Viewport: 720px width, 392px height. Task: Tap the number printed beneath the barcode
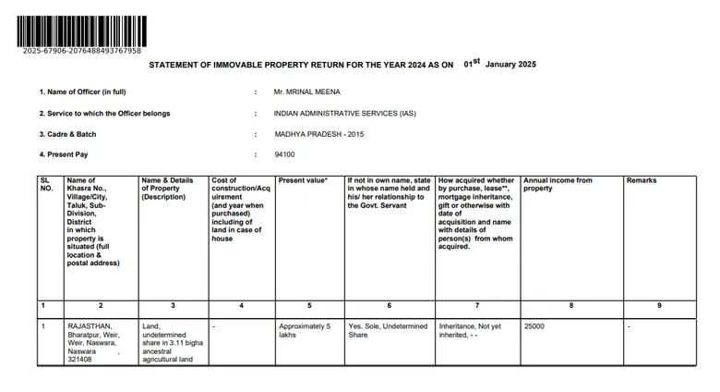click(82, 50)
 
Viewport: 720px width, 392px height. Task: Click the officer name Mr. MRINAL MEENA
click(307, 92)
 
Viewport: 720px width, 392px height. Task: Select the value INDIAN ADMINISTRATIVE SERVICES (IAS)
click(345, 114)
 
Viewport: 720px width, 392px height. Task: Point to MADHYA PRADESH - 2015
click(318, 134)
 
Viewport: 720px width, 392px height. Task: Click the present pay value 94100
click(284, 154)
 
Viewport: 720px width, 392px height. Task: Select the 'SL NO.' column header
click(46, 184)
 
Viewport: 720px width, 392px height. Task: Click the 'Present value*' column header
click(303, 180)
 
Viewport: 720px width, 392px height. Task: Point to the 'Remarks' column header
click(642, 180)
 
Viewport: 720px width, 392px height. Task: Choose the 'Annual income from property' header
click(558, 184)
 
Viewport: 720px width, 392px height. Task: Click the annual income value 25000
click(534, 326)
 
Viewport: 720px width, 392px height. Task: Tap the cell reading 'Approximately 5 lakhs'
click(304, 330)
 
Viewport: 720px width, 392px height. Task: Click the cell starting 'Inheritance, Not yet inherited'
click(470, 330)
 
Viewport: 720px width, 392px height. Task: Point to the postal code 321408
click(79, 359)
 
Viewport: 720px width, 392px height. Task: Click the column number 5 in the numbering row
click(309, 305)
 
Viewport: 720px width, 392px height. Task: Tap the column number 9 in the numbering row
click(658, 305)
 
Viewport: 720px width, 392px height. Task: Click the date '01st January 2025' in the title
click(499, 65)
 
